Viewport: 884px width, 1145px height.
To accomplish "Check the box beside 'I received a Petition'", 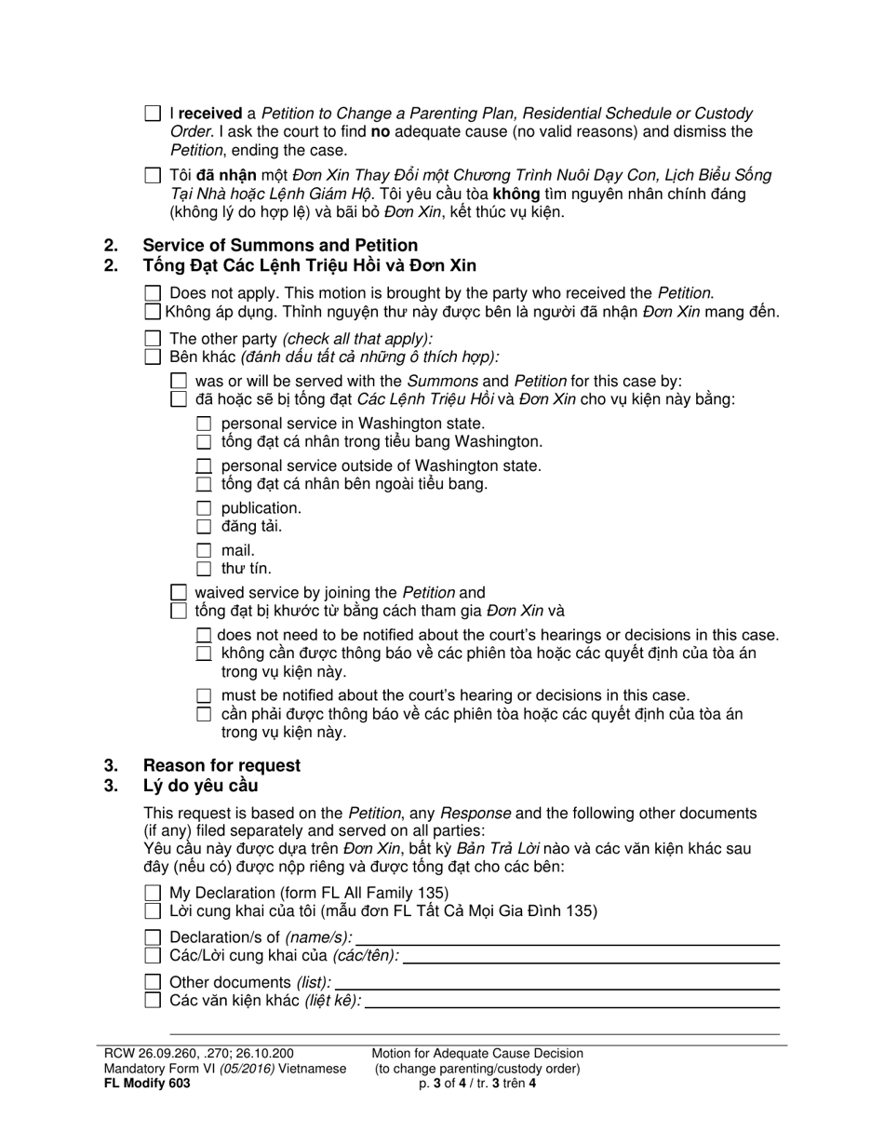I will click(153, 114).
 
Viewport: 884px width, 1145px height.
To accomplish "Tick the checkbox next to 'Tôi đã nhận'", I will click(153, 175).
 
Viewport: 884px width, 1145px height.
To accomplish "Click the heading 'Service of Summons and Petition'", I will click(279, 245).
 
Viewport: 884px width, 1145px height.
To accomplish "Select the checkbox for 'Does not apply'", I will click(154, 293).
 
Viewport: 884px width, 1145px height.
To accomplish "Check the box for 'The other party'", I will click(154, 339).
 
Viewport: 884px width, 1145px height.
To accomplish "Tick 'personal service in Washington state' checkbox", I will click(205, 424).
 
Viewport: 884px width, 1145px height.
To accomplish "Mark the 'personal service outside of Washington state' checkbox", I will click(205, 465).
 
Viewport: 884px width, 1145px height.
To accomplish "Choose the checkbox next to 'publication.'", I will click(205, 508).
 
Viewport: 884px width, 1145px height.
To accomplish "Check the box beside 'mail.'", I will click(205, 550).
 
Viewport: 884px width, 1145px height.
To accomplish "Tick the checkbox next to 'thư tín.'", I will click(205, 569).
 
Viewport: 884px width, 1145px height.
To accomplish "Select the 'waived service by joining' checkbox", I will click(179, 592).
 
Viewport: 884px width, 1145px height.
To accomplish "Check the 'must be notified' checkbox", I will click(205, 695).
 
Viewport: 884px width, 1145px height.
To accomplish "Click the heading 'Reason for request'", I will click(221, 765).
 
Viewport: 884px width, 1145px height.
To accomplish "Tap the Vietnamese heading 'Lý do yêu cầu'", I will click(199, 786).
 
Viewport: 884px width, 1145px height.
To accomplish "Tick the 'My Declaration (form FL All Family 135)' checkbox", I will click(154, 893).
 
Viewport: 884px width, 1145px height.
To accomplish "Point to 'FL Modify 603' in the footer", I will click(147, 1084).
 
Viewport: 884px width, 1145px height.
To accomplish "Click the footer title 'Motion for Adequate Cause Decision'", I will click(477, 1054).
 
